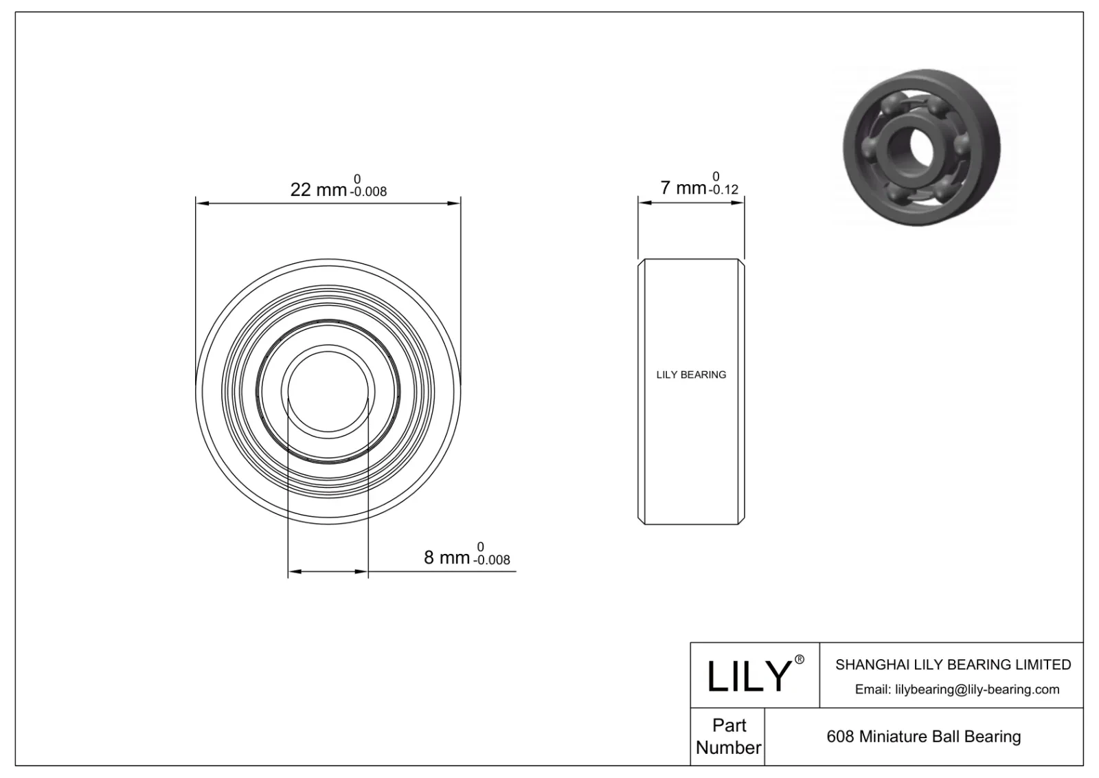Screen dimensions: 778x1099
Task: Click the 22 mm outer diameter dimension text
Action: tap(318, 190)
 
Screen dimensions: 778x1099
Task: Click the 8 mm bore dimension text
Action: tap(446, 557)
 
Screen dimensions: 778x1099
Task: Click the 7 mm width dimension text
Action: tap(683, 188)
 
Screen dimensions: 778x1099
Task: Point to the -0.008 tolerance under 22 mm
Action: tap(368, 192)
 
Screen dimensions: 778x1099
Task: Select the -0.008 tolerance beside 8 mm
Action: tap(491, 560)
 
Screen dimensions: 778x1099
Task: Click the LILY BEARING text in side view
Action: tap(691, 375)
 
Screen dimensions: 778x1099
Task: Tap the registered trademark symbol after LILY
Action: tap(799, 660)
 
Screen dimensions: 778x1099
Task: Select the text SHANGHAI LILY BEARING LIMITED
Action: tap(953, 665)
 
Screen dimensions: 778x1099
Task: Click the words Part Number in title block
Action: tap(728, 736)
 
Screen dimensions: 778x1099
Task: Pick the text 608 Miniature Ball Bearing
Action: tap(923, 737)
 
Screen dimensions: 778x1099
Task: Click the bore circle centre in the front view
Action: tap(328, 391)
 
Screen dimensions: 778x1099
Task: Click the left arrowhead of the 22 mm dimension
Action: tap(201, 203)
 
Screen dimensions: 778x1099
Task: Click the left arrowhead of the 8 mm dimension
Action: tap(293, 571)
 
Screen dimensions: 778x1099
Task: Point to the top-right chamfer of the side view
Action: tap(741, 262)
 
